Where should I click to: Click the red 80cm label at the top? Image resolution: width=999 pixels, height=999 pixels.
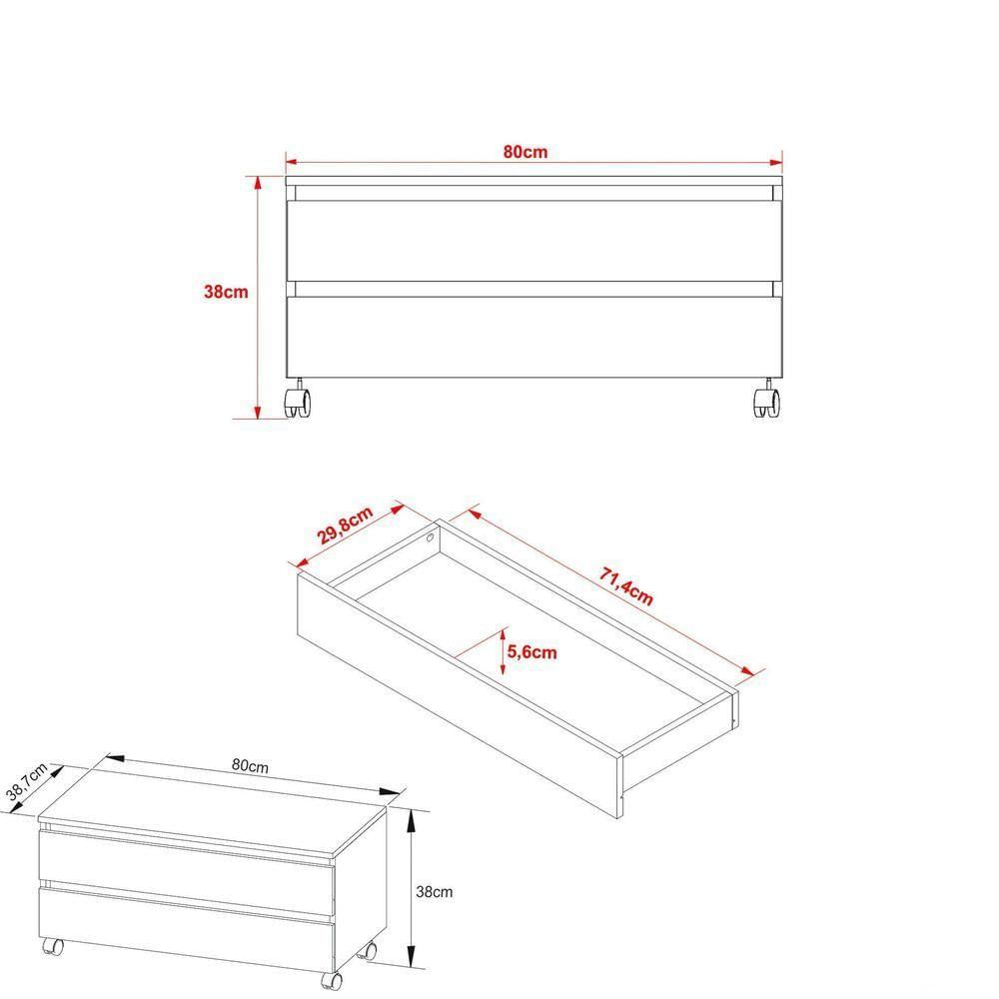(x=525, y=152)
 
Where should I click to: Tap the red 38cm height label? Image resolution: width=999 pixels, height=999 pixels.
(x=226, y=293)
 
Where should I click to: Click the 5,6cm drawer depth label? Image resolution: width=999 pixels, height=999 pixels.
(x=531, y=652)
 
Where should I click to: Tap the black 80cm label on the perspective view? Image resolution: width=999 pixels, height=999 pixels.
(x=250, y=766)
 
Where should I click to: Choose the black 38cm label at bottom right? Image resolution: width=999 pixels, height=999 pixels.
(x=435, y=890)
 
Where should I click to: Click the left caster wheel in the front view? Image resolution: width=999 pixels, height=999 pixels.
(x=298, y=402)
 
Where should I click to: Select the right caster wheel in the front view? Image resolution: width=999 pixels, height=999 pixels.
(x=766, y=402)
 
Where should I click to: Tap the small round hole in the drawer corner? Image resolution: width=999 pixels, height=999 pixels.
(x=430, y=536)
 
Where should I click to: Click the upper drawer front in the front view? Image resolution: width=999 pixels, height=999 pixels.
(x=533, y=241)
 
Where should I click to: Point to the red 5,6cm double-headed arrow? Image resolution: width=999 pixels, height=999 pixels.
(x=500, y=652)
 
